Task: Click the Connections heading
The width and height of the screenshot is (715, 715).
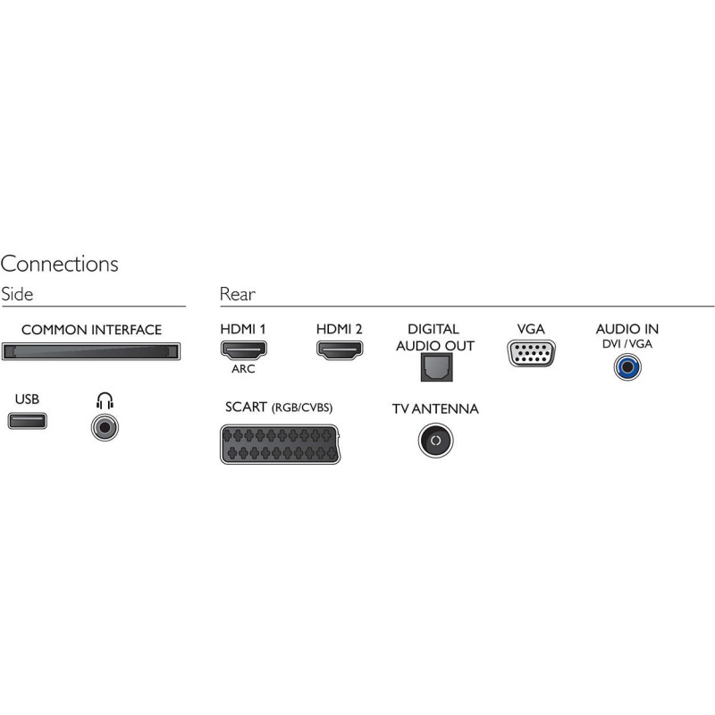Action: (59, 264)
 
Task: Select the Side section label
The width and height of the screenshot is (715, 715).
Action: (18, 294)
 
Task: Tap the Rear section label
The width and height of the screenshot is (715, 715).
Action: (237, 294)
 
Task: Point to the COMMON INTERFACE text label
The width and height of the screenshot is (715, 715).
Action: (91, 330)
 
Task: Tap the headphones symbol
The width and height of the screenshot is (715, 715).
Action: (105, 400)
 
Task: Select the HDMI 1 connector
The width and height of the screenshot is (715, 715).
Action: (243, 349)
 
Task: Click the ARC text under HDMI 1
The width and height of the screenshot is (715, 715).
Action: (243, 369)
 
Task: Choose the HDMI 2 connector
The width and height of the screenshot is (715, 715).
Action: (339, 349)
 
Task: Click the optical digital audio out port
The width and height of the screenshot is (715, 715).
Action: (435, 366)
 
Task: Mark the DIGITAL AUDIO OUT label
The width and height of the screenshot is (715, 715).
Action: (434, 337)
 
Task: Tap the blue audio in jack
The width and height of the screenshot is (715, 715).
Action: (627, 366)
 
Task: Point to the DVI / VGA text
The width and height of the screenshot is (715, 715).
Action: (627, 344)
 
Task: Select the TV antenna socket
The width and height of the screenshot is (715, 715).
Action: (435, 441)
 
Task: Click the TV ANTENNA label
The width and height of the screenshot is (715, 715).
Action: (435, 409)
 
